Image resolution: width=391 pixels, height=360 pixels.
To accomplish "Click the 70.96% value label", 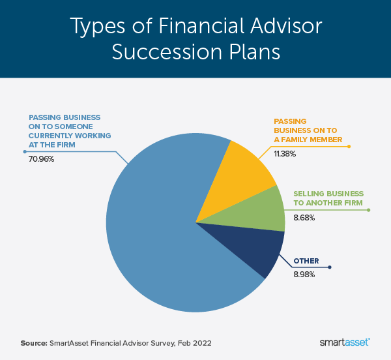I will coord(42,158).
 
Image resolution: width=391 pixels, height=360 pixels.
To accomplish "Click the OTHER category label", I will coord(306,261).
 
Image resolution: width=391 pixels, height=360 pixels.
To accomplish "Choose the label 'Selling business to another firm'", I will coord(328,200).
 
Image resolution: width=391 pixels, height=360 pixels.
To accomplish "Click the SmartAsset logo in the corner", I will coord(345,342).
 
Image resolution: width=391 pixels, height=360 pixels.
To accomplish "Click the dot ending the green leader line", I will coord(369,210).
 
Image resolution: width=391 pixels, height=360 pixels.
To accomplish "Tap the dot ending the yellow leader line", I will coord(349,146).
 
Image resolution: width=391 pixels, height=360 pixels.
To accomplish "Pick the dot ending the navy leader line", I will coord(330,267).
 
